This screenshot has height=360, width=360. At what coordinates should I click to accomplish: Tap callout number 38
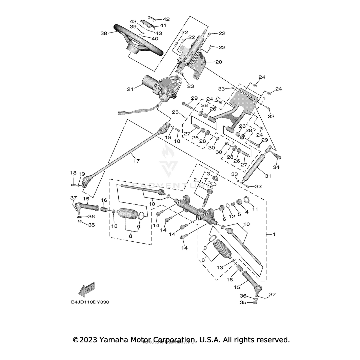[104, 33]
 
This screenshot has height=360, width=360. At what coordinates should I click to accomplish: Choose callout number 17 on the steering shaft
[136, 161]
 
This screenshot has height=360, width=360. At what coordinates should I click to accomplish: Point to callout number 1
[274, 234]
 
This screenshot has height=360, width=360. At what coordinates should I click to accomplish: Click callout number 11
[255, 209]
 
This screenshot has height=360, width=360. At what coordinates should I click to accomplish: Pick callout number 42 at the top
[166, 19]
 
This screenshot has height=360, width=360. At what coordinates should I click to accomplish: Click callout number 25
[175, 112]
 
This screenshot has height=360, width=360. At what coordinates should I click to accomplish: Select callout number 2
[195, 179]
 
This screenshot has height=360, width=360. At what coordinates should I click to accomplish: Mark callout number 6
[224, 219]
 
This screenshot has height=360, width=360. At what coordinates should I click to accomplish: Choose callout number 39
[133, 27]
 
